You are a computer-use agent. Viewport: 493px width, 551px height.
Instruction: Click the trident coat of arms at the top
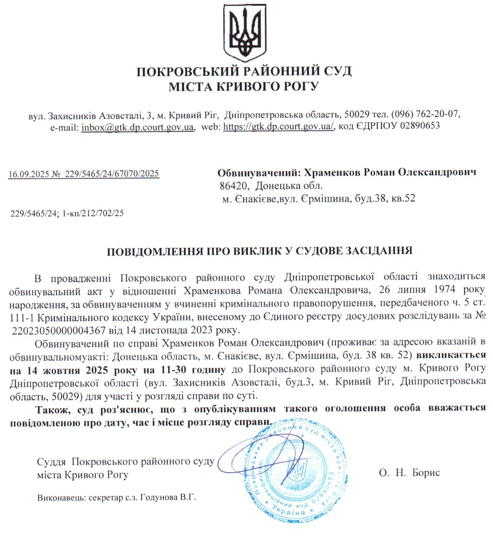coord(245,33)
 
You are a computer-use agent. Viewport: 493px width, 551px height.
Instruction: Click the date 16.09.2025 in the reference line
coord(28,174)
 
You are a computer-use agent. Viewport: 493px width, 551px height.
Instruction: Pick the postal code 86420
coord(234,186)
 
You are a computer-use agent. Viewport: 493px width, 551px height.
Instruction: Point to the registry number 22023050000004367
coord(58,330)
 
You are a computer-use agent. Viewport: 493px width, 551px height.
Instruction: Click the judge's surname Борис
coord(426,473)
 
